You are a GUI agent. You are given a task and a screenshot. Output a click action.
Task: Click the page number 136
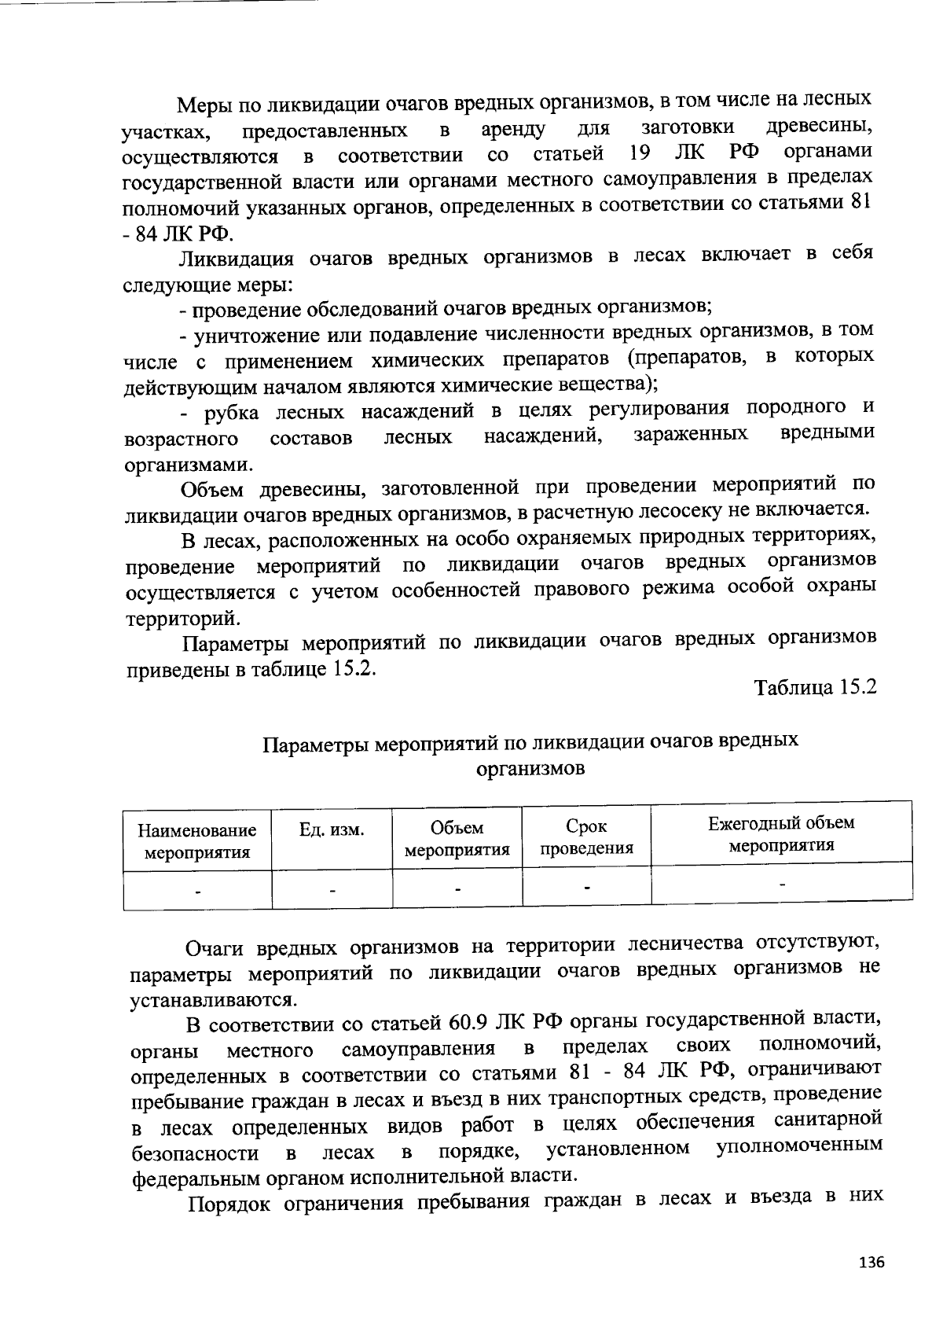[871, 1263]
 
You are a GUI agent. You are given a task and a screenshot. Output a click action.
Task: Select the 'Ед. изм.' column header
[332, 829]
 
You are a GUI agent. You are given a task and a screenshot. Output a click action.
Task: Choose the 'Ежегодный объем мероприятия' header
[781, 834]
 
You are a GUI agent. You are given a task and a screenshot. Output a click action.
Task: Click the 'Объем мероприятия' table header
[457, 839]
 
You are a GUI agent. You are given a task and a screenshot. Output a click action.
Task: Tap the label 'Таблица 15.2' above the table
[815, 687]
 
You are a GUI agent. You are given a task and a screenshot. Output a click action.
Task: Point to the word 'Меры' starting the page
[202, 105]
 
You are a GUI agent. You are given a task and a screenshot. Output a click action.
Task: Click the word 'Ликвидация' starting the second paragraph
[237, 259]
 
